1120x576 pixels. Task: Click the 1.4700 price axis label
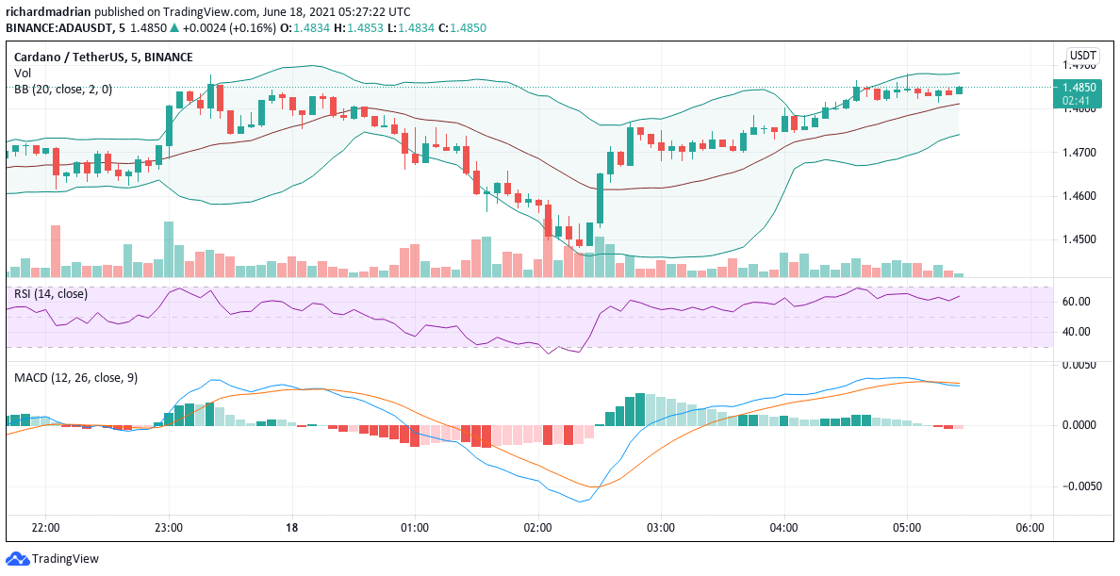tap(1078, 152)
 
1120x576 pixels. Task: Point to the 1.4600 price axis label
tap(1078, 196)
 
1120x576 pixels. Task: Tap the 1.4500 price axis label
tap(1078, 239)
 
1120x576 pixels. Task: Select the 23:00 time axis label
tap(169, 528)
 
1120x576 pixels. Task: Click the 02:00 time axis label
tap(537, 528)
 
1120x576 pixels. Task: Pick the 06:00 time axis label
tap(1029, 528)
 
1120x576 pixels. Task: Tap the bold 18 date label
tap(291, 528)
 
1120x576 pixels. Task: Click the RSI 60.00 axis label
tap(1076, 302)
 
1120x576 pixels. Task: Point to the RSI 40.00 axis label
tap(1076, 332)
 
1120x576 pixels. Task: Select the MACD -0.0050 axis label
tap(1076, 486)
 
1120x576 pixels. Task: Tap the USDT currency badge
tap(1081, 56)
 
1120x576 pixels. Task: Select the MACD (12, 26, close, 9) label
tap(75, 378)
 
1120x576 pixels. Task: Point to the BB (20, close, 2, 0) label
tap(63, 89)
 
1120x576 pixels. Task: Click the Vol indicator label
tap(22, 74)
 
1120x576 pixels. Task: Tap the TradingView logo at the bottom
tap(53, 559)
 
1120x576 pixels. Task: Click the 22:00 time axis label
tap(45, 528)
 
